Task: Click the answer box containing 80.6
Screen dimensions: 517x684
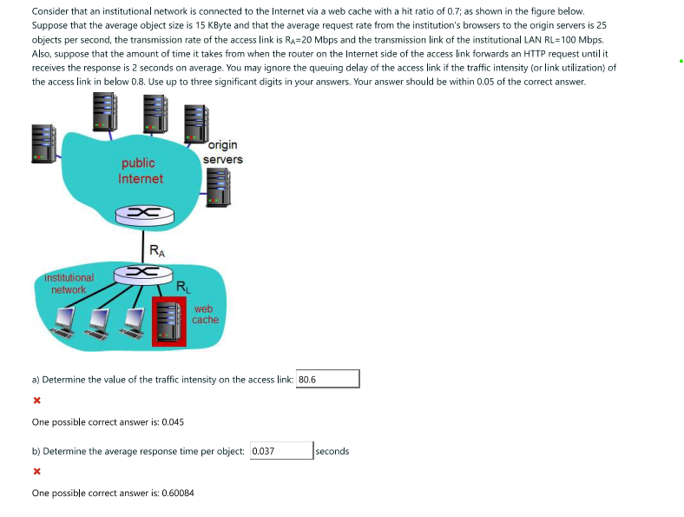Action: click(327, 380)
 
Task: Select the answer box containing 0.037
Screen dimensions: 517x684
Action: click(281, 451)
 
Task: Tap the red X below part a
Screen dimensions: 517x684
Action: click(36, 401)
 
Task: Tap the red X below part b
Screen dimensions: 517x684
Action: click(36, 473)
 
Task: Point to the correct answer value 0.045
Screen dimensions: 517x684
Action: click(168, 422)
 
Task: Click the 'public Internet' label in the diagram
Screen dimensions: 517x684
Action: click(140, 170)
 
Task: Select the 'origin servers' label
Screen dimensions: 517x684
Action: click(223, 152)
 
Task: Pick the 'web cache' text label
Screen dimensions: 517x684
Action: click(205, 315)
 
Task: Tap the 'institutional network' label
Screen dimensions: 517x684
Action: click(69, 283)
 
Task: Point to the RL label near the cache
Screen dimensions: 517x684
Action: click(182, 287)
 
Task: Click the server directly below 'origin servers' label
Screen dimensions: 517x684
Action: click(218, 187)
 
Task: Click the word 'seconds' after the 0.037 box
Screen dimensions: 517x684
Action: click(332, 451)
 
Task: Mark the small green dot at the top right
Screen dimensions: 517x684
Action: click(681, 62)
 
